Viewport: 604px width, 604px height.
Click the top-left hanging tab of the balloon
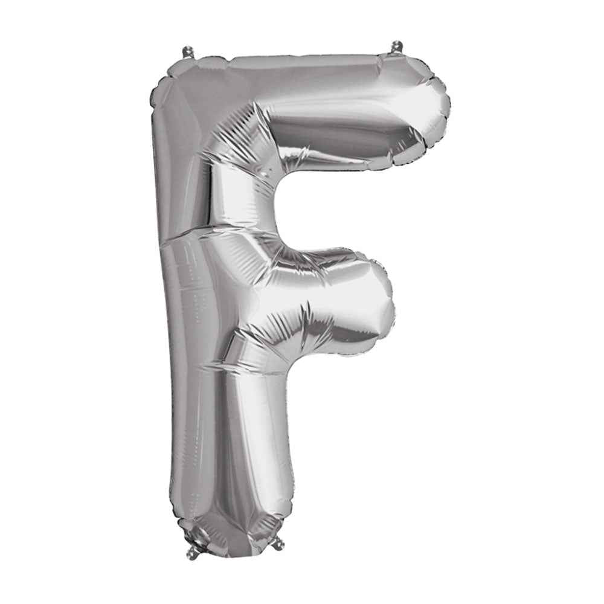188,52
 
